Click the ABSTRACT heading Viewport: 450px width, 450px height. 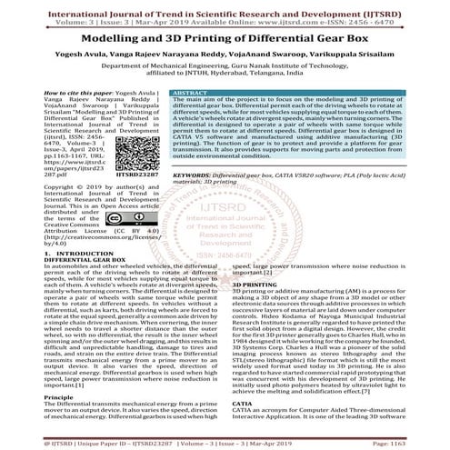(190, 94)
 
